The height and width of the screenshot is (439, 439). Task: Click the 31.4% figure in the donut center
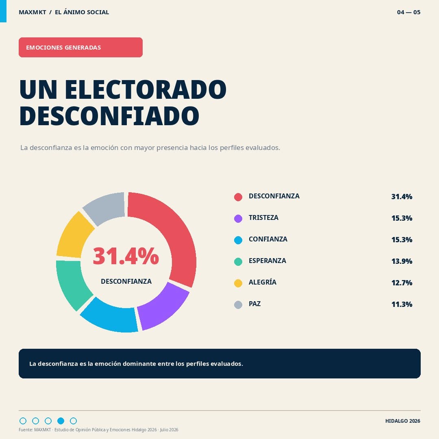(126, 256)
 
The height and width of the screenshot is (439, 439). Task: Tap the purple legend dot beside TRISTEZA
(238, 218)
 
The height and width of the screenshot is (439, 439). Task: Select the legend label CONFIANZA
(268, 239)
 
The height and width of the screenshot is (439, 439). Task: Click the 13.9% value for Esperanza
(402, 261)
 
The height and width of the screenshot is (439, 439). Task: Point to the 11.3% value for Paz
(402, 304)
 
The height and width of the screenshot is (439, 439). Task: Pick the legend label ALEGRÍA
(262, 282)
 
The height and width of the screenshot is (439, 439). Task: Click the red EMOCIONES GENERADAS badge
(80, 47)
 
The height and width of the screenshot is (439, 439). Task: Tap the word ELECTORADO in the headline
(146, 89)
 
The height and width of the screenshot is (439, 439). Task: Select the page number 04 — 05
(409, 12)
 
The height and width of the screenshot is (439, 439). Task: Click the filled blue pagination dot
(61, 421)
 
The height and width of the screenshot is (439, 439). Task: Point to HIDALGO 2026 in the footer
(402, 421)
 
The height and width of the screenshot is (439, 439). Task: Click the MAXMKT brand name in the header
(33, 12)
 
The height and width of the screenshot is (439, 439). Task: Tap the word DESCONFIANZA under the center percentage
(126, 281)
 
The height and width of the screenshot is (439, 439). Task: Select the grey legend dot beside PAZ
(238, 304)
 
